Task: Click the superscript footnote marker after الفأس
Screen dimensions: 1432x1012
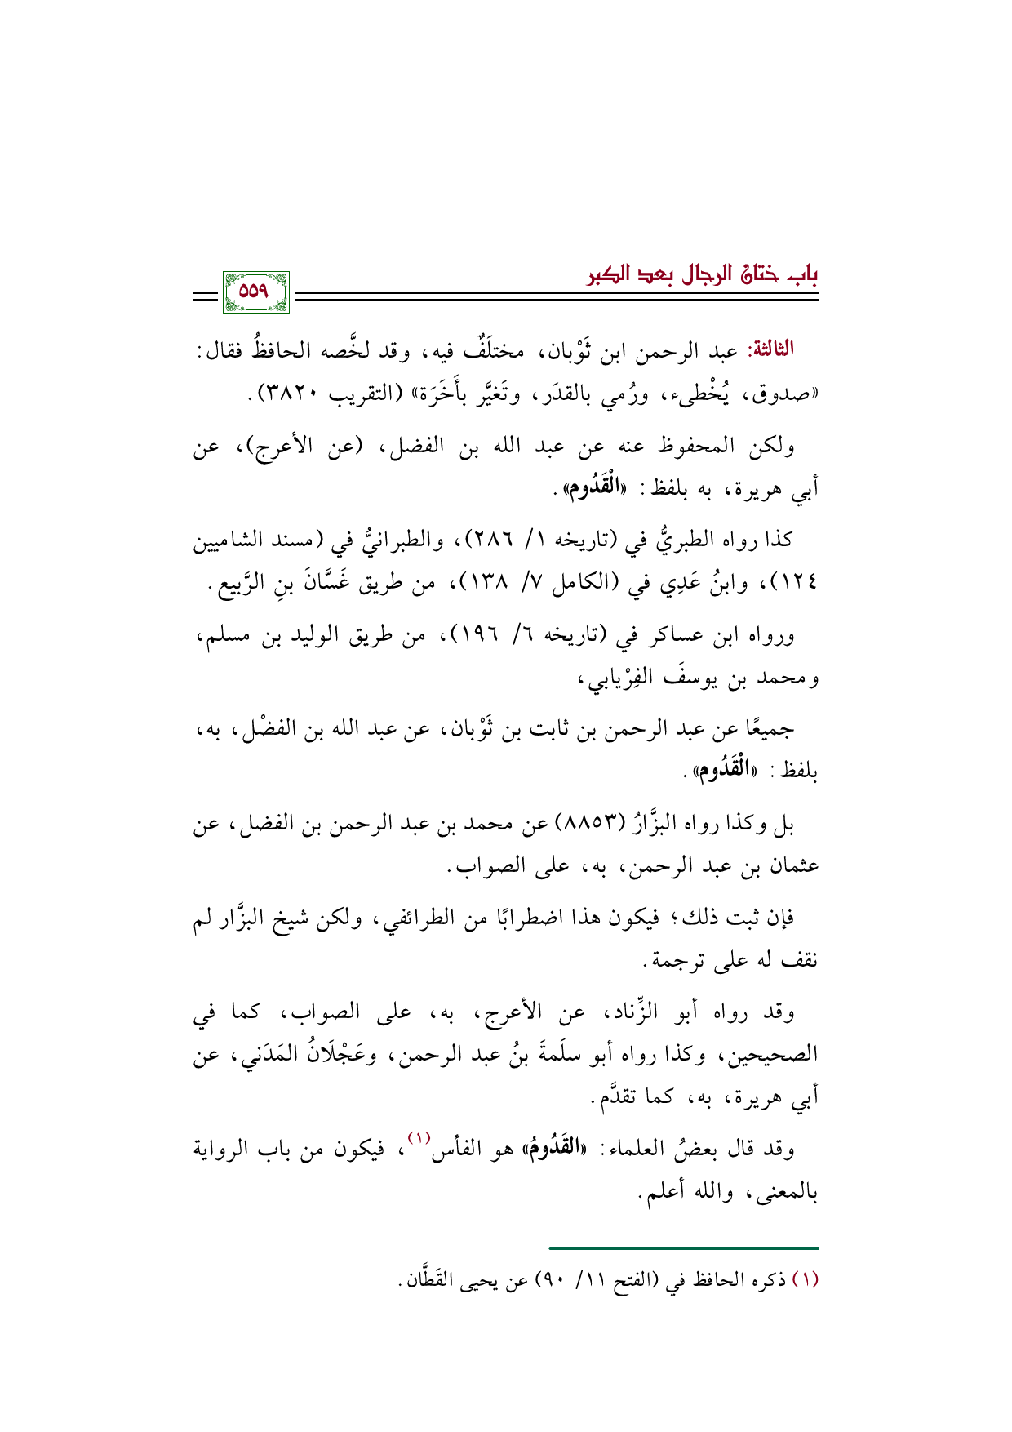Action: (x=418, y=1140)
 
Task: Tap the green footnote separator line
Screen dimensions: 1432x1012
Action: (x=683, y=1248)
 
